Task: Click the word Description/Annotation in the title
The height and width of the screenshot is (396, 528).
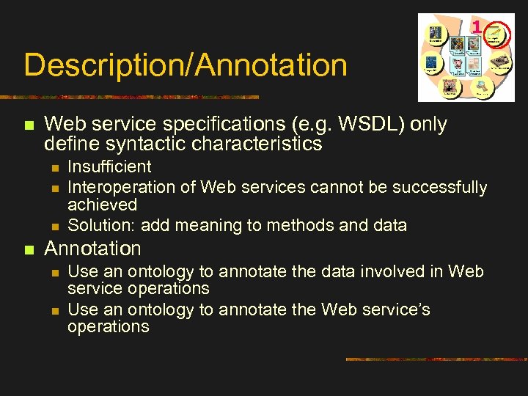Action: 185,65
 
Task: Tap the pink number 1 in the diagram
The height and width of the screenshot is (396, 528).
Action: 477,27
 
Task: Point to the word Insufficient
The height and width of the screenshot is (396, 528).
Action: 109,167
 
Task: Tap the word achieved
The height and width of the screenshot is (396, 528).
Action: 102,205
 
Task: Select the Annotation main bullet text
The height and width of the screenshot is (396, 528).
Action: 92,249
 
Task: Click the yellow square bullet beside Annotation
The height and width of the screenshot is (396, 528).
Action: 29,250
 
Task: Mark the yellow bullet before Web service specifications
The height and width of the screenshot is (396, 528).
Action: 29,126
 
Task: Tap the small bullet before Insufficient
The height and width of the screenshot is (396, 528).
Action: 53,168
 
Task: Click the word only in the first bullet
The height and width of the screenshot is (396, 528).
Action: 428,125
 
